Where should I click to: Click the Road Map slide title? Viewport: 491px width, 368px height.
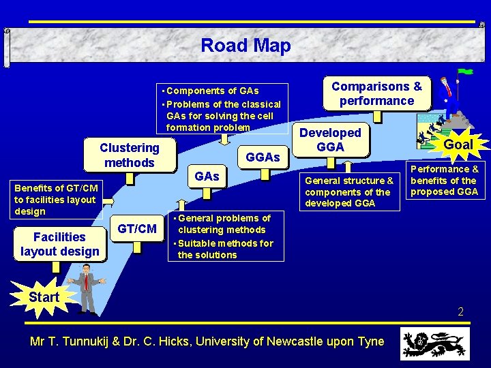click(x=245, y=46)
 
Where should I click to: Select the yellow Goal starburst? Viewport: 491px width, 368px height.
click(x=458, y=144)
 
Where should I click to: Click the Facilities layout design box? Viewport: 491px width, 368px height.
click(x=59, y=244)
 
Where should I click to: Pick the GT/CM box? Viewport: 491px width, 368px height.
click(x=137, y=229)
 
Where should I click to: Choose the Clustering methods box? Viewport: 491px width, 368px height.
click(x=129, y=155)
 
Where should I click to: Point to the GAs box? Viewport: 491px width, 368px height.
click(x=207, y=177)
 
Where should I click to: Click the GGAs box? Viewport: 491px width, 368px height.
click(x=263, y=157)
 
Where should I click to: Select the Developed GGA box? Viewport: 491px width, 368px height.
click(x=331, y=140)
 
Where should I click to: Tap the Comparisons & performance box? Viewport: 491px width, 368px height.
click(x=376, y=93)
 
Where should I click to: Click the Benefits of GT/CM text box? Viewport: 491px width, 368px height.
click(x=56, y=199)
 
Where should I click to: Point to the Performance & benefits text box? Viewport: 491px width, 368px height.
click(x=444, y=180)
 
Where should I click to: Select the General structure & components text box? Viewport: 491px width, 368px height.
click(x=348, y=191)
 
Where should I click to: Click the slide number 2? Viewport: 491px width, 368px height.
click(x=460, y=311)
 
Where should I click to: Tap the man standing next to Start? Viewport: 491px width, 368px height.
click(x=86, y=288)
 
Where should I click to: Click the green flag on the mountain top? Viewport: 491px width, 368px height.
click(x=466, y=71)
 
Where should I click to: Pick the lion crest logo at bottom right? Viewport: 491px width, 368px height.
click(x=434, y=343)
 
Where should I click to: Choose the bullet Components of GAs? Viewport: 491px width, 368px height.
click(x=211, y=91)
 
